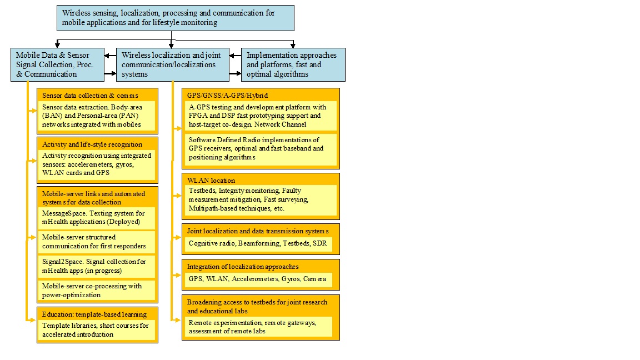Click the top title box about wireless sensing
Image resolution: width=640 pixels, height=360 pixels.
(x=175, y=18)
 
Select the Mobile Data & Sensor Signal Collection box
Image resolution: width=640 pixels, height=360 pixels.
(x=57, y=64)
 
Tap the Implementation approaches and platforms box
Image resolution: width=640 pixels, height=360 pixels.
(x=293, y=64)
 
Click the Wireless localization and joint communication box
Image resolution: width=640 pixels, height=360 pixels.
(x=172, y=64)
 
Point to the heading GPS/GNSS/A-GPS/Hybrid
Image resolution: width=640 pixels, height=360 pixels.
(x=228, y=96)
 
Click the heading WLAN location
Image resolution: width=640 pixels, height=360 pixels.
(x=211, y=180)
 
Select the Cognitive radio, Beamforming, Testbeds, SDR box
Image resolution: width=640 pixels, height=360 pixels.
(x=258, y=243)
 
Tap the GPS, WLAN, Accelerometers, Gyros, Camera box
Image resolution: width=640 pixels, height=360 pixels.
(x=257, y=279)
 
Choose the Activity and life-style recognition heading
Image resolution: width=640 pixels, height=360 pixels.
(x=92, y=144)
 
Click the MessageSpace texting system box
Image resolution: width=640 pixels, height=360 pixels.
(x=96, y=217)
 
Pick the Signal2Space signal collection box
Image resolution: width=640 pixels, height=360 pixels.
(x=96, y=266)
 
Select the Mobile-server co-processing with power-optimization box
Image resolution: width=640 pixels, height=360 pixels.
(x=96, y=291)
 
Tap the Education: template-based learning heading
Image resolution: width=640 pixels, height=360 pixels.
(x=94, y=314)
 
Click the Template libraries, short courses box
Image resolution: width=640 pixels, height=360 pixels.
(x=96, y=330)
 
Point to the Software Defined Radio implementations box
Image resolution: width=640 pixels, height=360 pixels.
(x=260, y=148)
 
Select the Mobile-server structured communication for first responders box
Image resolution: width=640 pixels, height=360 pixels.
(x=96, y=242)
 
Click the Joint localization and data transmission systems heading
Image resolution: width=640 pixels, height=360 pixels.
(x=257, y=231)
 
